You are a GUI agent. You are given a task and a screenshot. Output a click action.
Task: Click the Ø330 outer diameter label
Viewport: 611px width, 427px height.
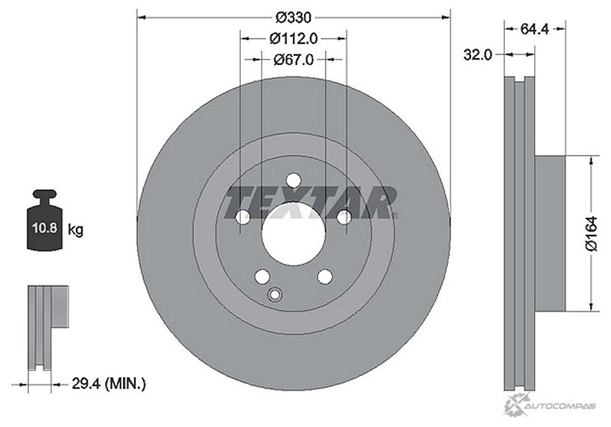pos(294,18)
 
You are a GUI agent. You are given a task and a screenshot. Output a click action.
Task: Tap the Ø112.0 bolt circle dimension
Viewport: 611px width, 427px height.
pos(294,38)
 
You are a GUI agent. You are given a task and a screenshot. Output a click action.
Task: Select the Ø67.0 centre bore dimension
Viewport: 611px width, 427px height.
pos(294,60)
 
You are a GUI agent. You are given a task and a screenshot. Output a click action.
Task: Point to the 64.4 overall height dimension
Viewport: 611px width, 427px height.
pos(535,29)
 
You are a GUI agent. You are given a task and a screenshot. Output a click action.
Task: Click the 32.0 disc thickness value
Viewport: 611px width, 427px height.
pos(478,55)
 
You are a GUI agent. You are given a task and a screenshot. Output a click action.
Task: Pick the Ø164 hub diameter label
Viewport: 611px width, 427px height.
pos(591,233)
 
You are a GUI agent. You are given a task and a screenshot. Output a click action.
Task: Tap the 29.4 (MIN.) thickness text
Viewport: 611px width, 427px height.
pos(109,384)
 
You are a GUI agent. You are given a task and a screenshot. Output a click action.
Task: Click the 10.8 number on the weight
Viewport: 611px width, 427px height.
pos(45,227)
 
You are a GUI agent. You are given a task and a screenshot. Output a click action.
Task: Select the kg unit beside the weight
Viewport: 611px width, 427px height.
pos(75,230)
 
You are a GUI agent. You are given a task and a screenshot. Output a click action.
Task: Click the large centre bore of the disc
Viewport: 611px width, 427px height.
pos(294,234)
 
